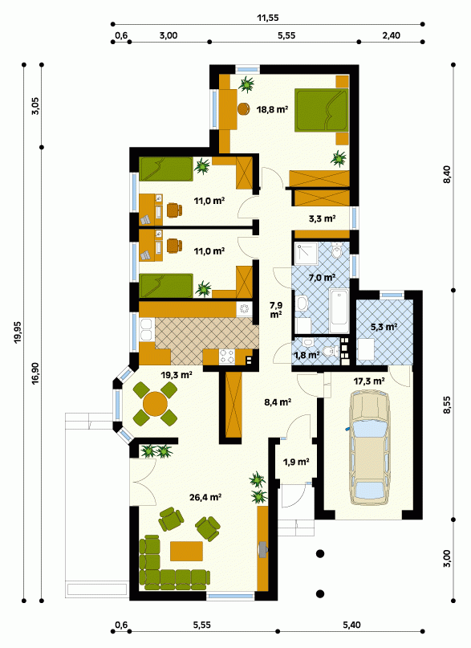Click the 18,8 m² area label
(272, 109)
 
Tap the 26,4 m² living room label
(205, 497)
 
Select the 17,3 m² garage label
(369, 381)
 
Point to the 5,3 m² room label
(384, 327)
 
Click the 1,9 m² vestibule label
(296, 462)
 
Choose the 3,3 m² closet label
(322, 218)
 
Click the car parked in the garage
(369, 448)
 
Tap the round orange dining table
(155, 404)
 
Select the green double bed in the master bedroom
(321, 110)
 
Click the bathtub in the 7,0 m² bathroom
(339, 308)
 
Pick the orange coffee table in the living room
(187, 551)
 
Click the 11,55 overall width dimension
(268, 18)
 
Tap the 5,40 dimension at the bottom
(351, 625)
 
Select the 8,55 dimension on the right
(448, 407)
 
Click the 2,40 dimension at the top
(391, 35)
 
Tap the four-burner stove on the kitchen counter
(226, 357)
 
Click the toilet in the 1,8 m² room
(329, 351)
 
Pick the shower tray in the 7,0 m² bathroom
(306, 253)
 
